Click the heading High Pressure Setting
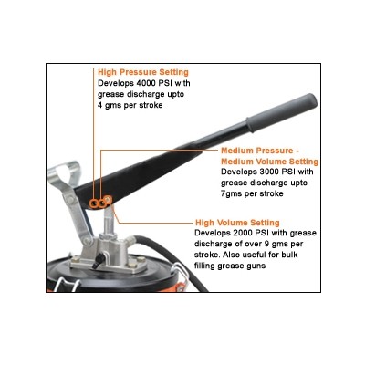[143, 72]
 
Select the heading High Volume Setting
[237, 223]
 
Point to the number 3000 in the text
[269, 172]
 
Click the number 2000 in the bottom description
[243, 234]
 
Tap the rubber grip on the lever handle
[282, 112]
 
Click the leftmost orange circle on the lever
[94, 203]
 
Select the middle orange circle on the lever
[101, 203]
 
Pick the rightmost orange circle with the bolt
[108, 200]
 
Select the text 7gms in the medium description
[231, 194]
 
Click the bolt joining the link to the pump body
[88, 241]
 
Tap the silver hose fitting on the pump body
[130, 242]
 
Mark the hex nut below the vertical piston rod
[109, 236]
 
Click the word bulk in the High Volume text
[288, 255]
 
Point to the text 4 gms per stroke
[130, 106]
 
